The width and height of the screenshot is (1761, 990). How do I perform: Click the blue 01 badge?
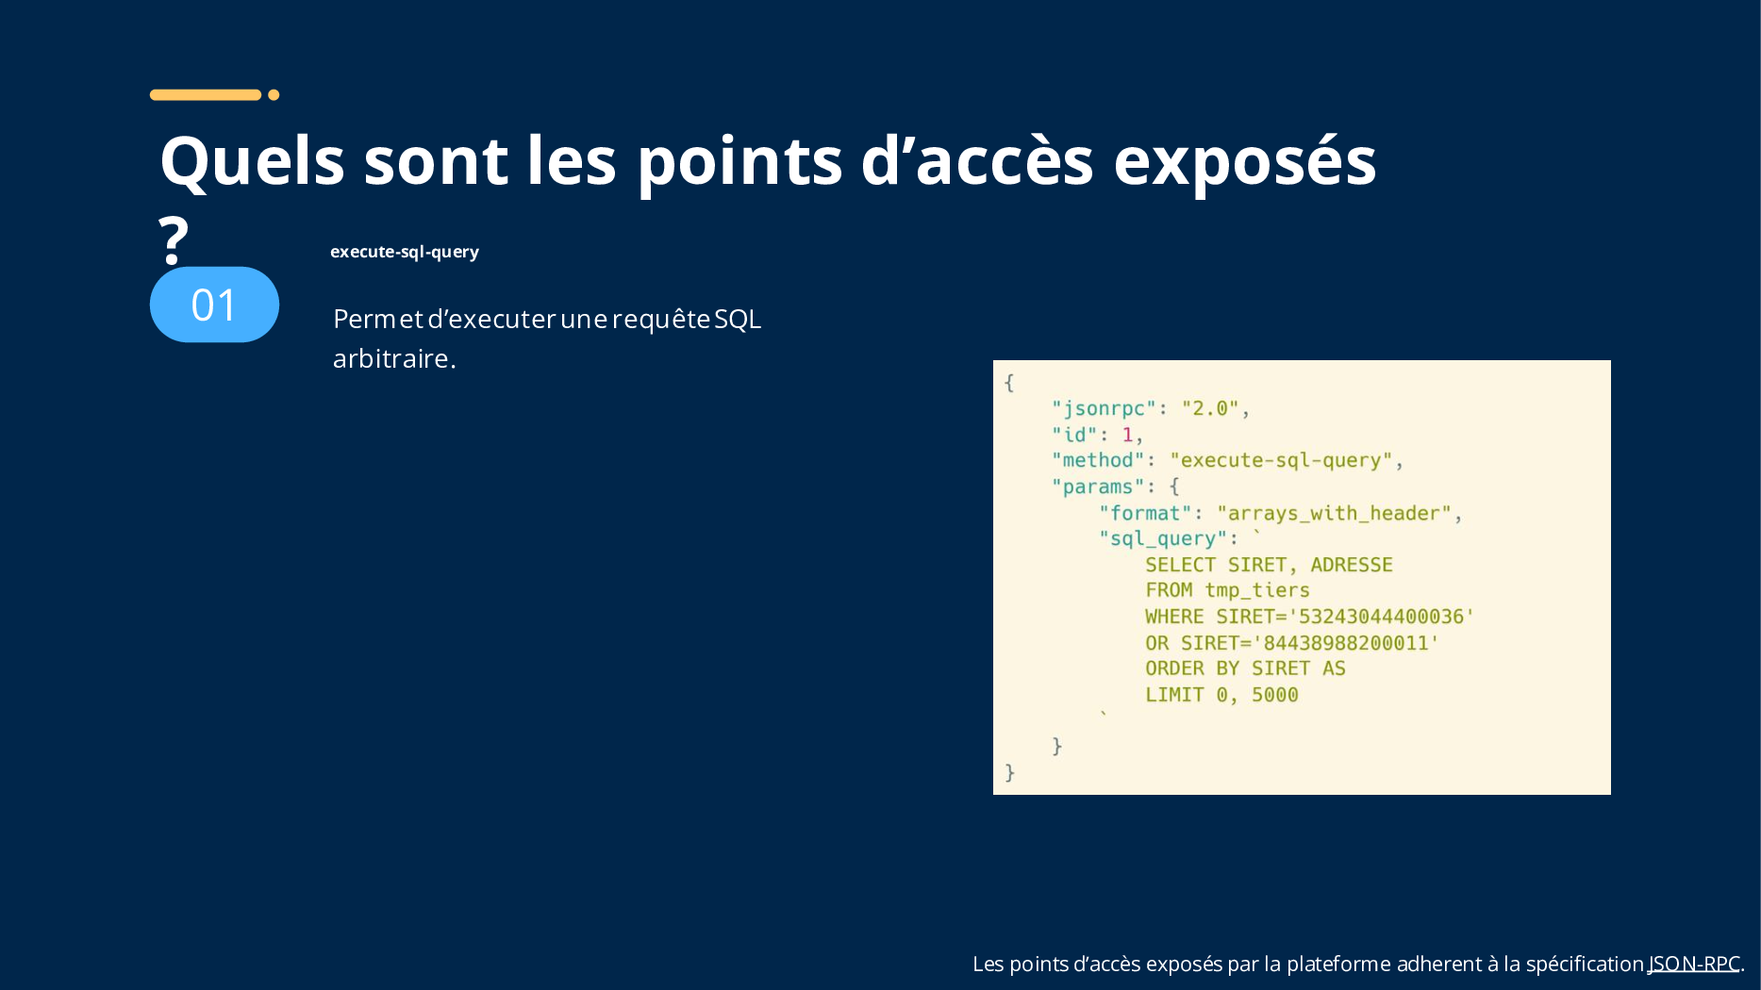pos(214,305)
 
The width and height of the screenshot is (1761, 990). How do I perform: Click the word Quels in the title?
pos(252,161)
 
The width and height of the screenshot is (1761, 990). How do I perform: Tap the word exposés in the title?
pos(1245,161)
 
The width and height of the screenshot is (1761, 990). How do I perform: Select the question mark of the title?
pos(173,239)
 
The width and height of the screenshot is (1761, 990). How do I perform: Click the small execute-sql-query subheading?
pos(405,252)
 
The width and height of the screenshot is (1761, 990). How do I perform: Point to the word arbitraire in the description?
pos(390,358)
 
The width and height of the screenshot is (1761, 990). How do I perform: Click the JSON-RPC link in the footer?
pos(1694,964)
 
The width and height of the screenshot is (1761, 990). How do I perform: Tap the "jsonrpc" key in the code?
pos(1104,408)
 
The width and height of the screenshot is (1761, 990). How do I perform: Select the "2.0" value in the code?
pos(1209,408)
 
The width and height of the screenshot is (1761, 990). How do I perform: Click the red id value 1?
pos(1127,435)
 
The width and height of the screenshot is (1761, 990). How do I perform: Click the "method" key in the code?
pos(1098,460)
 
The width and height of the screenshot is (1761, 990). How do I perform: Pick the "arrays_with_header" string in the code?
pos(1334,513)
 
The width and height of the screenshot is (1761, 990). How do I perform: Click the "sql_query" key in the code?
pos(1163,538)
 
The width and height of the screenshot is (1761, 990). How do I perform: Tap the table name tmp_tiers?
pos(1257,590)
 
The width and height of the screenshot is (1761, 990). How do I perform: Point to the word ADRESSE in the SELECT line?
pos(1352,565)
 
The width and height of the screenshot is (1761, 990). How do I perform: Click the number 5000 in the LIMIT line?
pos(1275,695)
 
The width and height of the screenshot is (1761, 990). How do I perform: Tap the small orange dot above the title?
pos(274,94)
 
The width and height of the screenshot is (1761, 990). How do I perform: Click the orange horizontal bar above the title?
pos(206,94)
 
